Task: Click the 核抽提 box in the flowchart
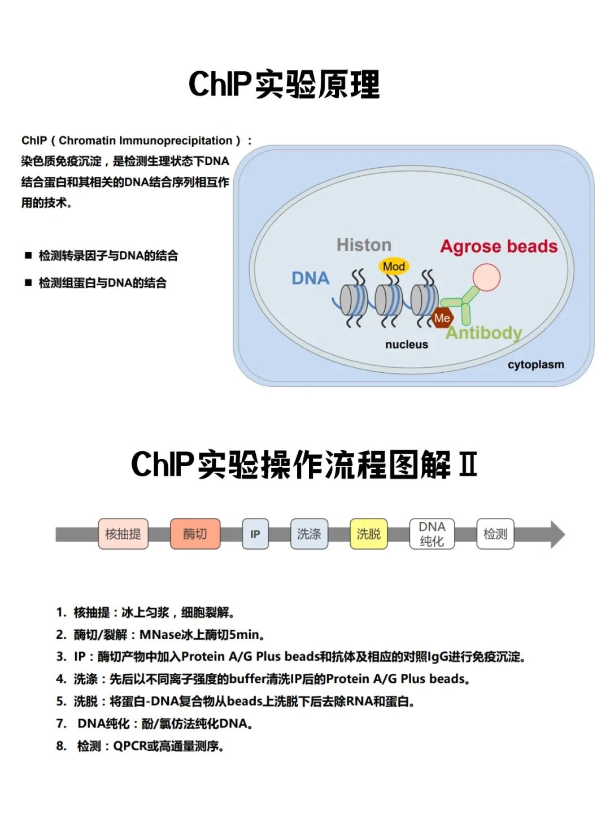(123, 534)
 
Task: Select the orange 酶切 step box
(195, 534)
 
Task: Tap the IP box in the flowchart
(255, 534)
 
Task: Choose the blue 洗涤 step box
(309, 534)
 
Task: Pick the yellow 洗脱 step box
(369, 534)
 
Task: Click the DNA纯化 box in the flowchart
(432, 534)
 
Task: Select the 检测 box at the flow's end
(495, 534)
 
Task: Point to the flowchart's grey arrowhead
(557, 534)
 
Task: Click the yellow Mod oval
(394, 267)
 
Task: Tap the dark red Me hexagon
(442, 318)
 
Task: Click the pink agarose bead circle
(486, 277)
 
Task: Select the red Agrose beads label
(499, 246)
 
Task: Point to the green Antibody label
(484, 333)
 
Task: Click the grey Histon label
(364, 245)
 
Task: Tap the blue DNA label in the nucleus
(310, 278)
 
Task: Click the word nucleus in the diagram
(407, 345)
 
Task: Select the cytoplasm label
(535, 365)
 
